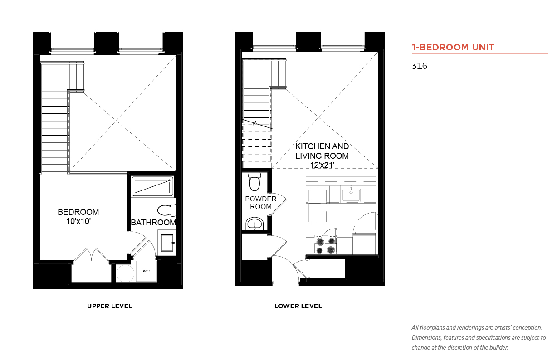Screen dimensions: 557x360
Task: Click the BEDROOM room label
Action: (x=78, y=212)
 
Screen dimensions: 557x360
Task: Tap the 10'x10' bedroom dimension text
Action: (x=78, y=221)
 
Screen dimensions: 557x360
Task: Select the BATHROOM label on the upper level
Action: (x=153, y=223)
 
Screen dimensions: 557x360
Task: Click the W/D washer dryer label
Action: (x=147, y=271)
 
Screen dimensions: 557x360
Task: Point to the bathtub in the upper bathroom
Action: (x=152, y=186)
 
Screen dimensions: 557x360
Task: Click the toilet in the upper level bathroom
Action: (x=167, y=210)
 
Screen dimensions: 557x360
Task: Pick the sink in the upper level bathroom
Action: (x=167, y=243)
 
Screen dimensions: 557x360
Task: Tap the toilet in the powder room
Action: (x=254, y=181)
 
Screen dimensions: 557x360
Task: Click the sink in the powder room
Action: (x=254, y=224)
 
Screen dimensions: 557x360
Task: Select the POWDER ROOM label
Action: (x=261, y=203)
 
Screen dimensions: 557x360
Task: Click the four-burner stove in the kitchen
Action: (x=326, y=245)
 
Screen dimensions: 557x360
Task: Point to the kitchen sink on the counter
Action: (x=351, y=195)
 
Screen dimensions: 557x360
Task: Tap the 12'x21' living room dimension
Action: (x=322, y=165)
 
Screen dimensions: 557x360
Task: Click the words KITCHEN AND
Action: (x=322, y=146)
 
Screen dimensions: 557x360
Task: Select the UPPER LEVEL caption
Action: (x=109, y=306)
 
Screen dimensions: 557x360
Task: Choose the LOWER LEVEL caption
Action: (x=298, y=306)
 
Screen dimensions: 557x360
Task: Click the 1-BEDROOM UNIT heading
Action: (x=453, y=47)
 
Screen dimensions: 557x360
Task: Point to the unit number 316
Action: (x=419, y=66)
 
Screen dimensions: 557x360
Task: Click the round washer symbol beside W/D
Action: (x=125, y=273)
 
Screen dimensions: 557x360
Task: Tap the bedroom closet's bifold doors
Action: (x=92, y=254)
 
